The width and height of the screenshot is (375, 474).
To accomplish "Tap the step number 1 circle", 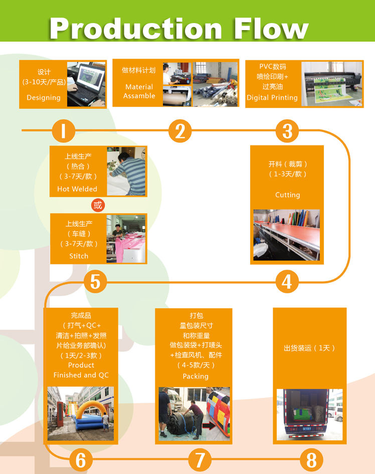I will click(63, 131).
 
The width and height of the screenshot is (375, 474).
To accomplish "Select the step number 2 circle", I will click(180, 131).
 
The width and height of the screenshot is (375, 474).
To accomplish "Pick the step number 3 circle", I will click(287, 131).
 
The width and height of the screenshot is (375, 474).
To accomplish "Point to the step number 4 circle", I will click(287, 282).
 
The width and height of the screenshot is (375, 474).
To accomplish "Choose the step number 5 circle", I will click(95, 282).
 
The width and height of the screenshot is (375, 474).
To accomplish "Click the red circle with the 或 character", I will click(98, 205).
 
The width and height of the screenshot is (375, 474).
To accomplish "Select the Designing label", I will click(44, 98).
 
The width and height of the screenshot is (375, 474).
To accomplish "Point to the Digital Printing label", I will click(272, 98).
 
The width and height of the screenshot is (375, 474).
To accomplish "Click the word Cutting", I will click(288, 195).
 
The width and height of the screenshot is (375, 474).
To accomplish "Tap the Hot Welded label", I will click(77, 189).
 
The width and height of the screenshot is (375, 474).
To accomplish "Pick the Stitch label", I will click(79, 256).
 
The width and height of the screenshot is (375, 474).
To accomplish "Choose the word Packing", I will click(196, 376).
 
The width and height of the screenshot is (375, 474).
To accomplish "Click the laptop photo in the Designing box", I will click(86, 84).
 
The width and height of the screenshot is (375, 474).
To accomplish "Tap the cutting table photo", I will click(286, 235).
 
